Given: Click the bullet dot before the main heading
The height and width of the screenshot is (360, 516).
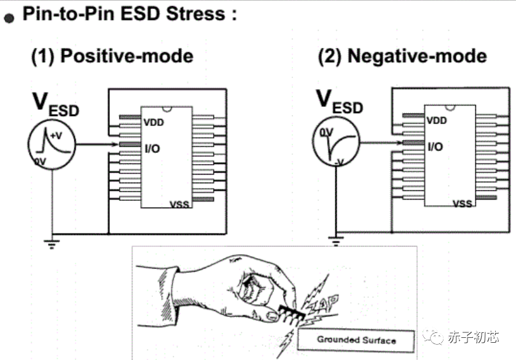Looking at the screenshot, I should (x=9, y=18).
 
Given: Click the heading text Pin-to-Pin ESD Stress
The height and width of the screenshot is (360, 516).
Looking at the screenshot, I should (x=129, y=15).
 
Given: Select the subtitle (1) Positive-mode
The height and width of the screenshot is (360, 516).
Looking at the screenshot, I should (x=112, y=57).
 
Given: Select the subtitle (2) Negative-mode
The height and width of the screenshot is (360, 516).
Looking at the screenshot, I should (x=402, y=57).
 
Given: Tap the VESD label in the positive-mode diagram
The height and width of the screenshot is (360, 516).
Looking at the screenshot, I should (x=55, y=104).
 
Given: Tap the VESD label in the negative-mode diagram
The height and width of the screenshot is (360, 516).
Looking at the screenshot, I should (x=339, y=102).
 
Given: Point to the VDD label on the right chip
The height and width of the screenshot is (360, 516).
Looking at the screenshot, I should (x=436, y=121).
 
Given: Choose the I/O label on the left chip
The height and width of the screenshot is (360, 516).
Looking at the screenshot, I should (x=153, y=147).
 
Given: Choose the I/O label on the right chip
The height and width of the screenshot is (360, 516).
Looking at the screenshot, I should (x=435, y=147).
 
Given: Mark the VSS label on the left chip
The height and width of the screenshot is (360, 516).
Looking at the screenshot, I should (x=179, y=203).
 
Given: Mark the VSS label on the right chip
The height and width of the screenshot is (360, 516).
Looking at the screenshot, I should (x=462, y=203).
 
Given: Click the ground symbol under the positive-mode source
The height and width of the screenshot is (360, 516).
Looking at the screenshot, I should (x=52, y=240).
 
